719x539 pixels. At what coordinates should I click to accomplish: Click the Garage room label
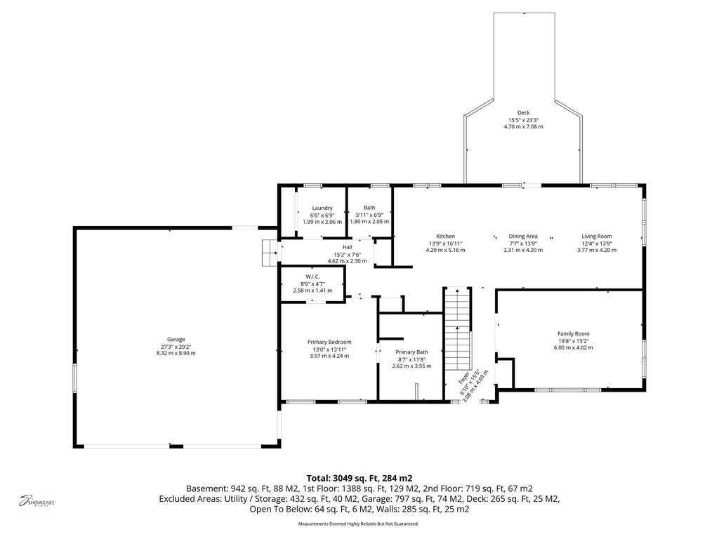click(176, 339)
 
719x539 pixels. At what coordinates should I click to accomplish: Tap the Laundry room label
click(322, 208)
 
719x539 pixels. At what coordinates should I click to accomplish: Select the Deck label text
click(524, 113)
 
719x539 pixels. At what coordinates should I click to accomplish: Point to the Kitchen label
click(445, 237)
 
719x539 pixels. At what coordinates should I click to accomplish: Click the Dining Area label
click(523, 237)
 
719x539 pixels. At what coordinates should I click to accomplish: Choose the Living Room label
click(597, 237)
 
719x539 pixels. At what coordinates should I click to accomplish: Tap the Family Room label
click(573, 333)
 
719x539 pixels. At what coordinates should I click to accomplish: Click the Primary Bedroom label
click(329, 342)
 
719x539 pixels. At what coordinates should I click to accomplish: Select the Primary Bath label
click(411, 352)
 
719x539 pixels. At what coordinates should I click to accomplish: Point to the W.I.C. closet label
click(312, 277)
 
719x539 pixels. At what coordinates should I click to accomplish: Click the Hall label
click(347, 247)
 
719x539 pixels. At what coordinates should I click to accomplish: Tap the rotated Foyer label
click(464, 377)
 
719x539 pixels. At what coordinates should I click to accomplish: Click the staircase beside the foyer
click(458, 328)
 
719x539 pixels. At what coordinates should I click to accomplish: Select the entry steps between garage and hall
click(270, 253)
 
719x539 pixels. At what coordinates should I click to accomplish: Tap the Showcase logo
click(37, 500)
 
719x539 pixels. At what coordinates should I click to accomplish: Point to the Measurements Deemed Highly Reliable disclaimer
click(358, 524)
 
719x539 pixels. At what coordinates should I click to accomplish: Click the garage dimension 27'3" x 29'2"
click(176, 347)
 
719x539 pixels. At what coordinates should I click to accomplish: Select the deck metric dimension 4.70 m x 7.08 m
click(524, 126)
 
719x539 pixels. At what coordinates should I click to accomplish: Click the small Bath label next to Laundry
click(369, 208)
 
